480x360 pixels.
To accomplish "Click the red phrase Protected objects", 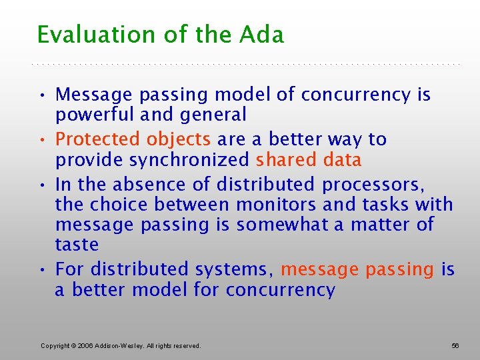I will point(133,139).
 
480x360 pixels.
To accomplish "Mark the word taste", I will point(77,245).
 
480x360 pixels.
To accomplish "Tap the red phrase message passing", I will point(357,269).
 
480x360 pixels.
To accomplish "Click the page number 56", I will point(455,345).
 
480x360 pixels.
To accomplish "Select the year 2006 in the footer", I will point(86,345).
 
